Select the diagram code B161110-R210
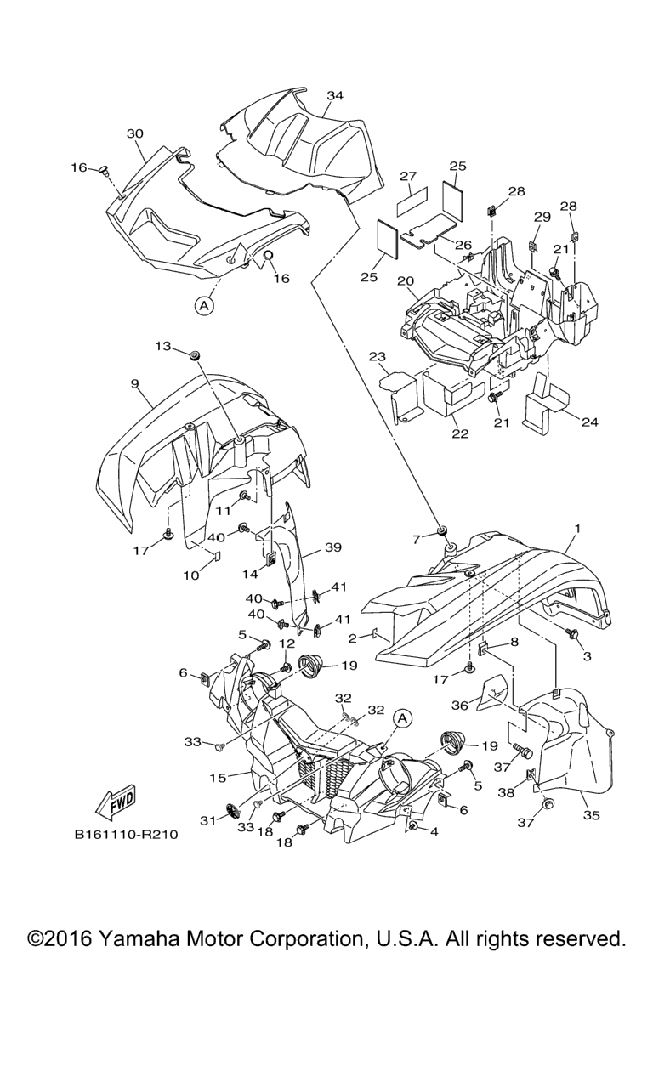[x=126, y=835]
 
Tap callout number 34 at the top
[x=335, y=96]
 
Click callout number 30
[x=135, y=133]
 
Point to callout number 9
[x=135, y=384]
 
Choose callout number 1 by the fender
[x=577, y=529]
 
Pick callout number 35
[x=591, y=815]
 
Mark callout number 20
[x=405, y=280]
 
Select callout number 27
[x=408, y=177]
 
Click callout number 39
[x=332, y=548]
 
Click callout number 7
[x=417, y=538]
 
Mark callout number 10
[x=190, y=575]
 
